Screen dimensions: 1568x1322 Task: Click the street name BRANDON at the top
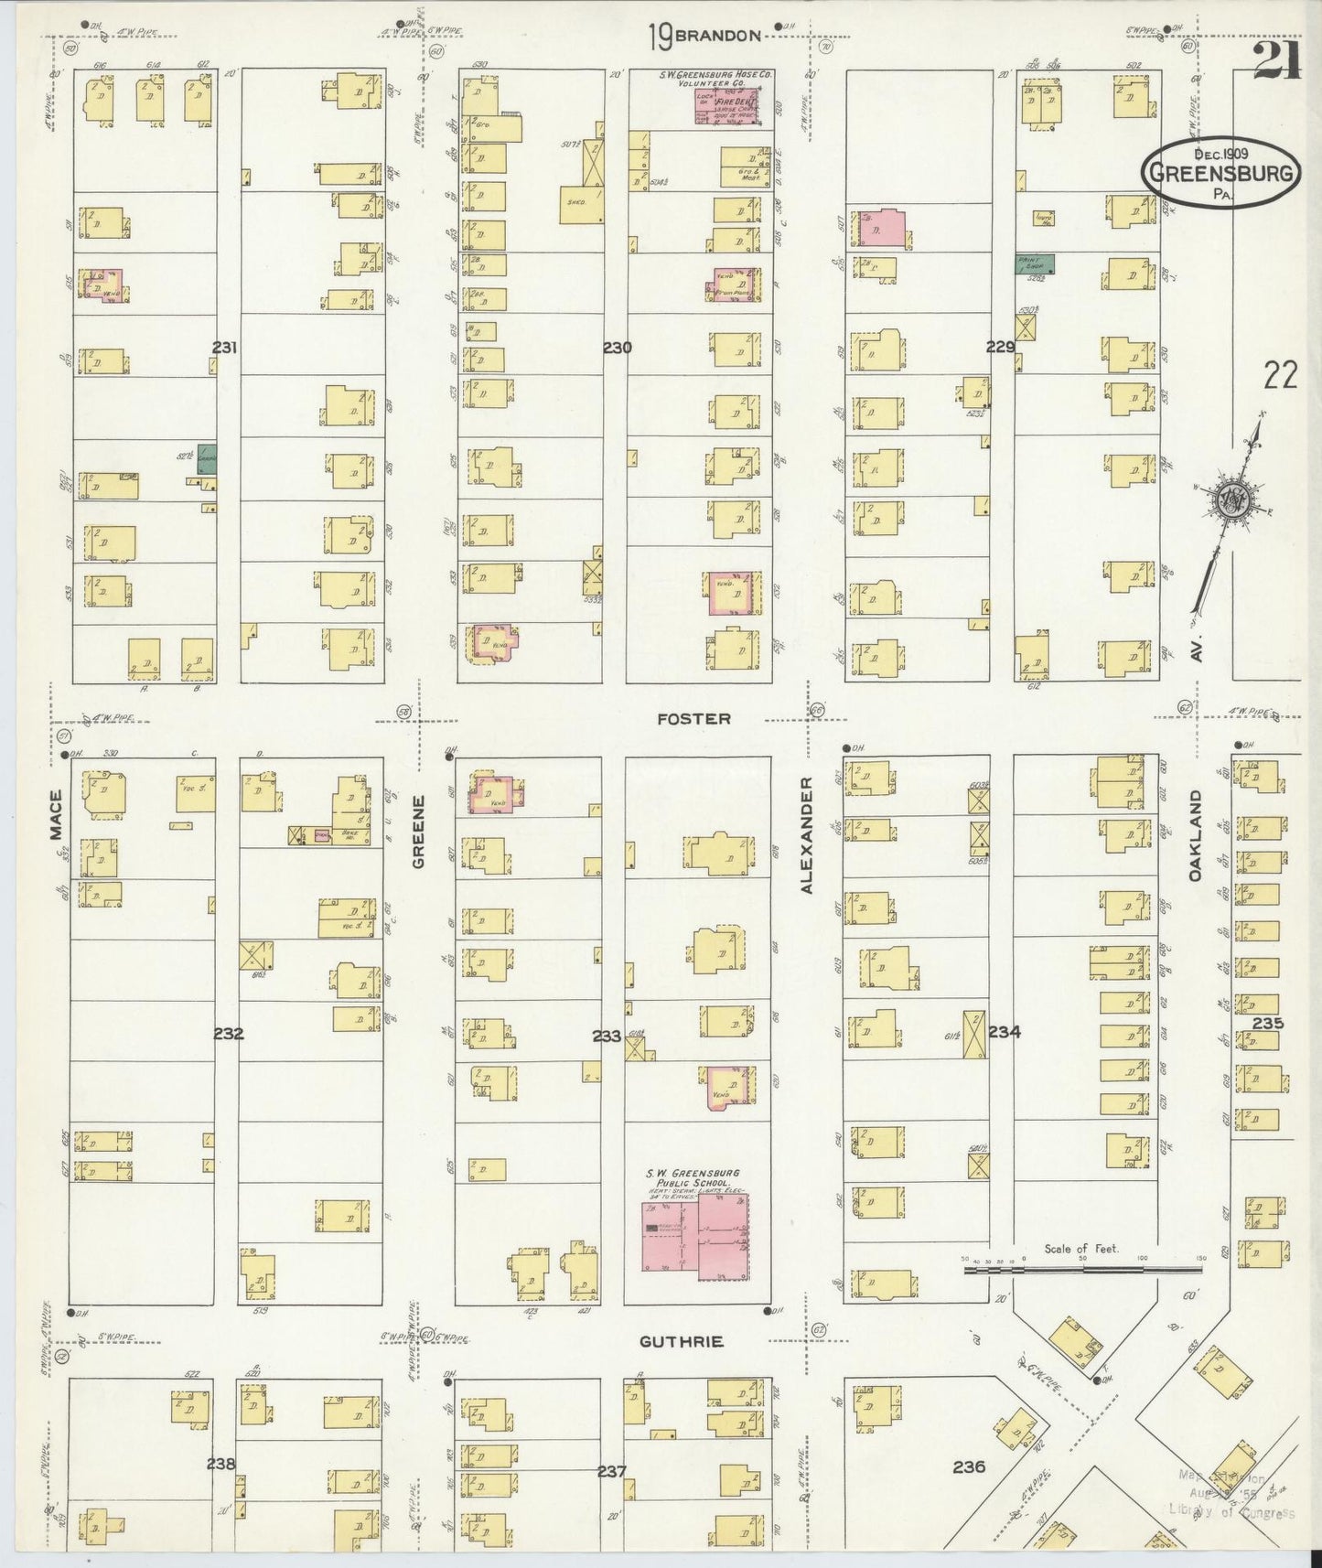(x=718, y=36)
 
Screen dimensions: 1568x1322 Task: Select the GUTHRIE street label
(x=682, y=1341)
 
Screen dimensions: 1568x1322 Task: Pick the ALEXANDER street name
(x=806, y=835)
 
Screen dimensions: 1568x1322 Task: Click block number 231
(x=225, y=347)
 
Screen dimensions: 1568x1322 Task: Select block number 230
(x=618, y=347)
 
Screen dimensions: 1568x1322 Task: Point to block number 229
(x=1001, y=347)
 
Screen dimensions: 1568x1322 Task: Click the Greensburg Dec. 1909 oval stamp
(x=1221, y=171)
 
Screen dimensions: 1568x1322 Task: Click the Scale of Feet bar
(x=1083, y=1270)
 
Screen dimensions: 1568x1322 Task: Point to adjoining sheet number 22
(x=1281, y=375)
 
